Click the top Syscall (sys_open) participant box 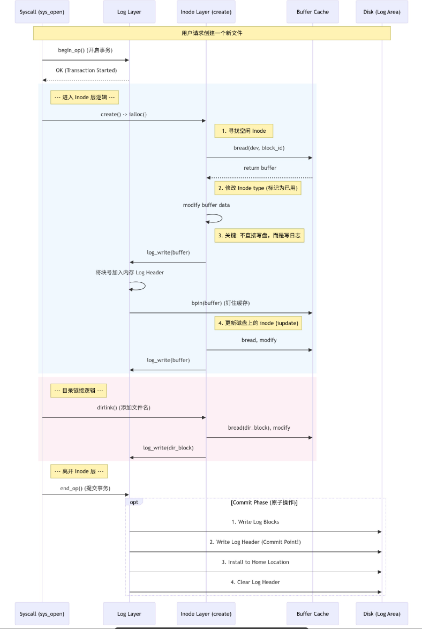pos(42,12)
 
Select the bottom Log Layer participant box pos(129,613)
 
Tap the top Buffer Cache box pos(313,12)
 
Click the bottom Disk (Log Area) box pos(382,613)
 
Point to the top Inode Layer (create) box pos(206,12)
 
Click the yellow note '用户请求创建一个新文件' pos(212,33)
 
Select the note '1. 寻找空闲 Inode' pos(244,131)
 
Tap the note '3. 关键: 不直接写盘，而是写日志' pos(259,235)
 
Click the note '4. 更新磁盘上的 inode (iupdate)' pos(258,323)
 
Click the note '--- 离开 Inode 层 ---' pos(79,471)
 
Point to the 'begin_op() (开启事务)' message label pos(85,50)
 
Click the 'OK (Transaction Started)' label pos(86,70)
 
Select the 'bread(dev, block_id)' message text pos(259,148)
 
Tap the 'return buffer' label pos(260,168)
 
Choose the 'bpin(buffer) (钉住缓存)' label pos(221,303)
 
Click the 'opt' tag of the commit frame pos(134,503)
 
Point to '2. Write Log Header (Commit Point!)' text pos(255,542)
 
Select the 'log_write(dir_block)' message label pos(168,448)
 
